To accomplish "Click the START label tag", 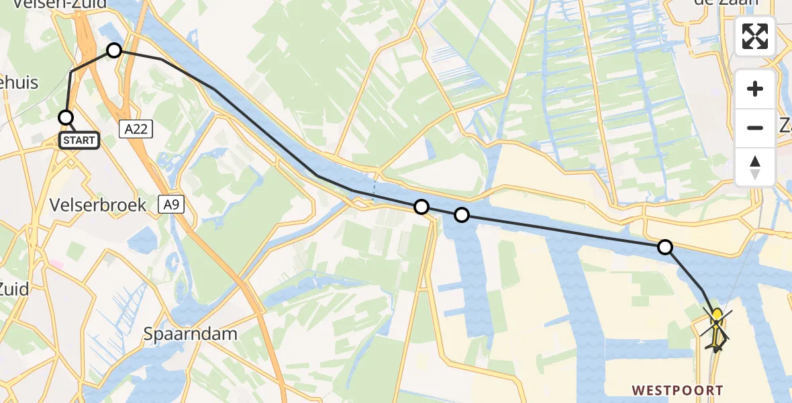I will pyautogui.click(x=79, y=140).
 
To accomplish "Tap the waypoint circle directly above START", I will pyautogui.click(x=66, y=118).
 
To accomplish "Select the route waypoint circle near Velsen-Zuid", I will pyautogui.click(x=114, y=50).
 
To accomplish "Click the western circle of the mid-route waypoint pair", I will pyautogui.click(x=422, y=207).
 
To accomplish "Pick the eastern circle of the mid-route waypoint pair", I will pyautogui.click(x=462, y=215).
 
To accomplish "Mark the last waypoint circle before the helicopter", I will pyautogui.click(x=664, y=247).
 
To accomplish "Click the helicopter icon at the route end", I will pyautogui.click(x=717, y=329).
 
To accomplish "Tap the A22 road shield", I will pyautogui.click(x=136, y=130).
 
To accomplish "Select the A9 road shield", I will pyautogui.click(x=172, y=205).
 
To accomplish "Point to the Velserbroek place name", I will pyautogui.click(x=99, y=206).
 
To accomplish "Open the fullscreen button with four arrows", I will pyautogui.click(x=755, y=36).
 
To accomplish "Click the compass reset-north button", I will pyautogui.click(x=755, y=167).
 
